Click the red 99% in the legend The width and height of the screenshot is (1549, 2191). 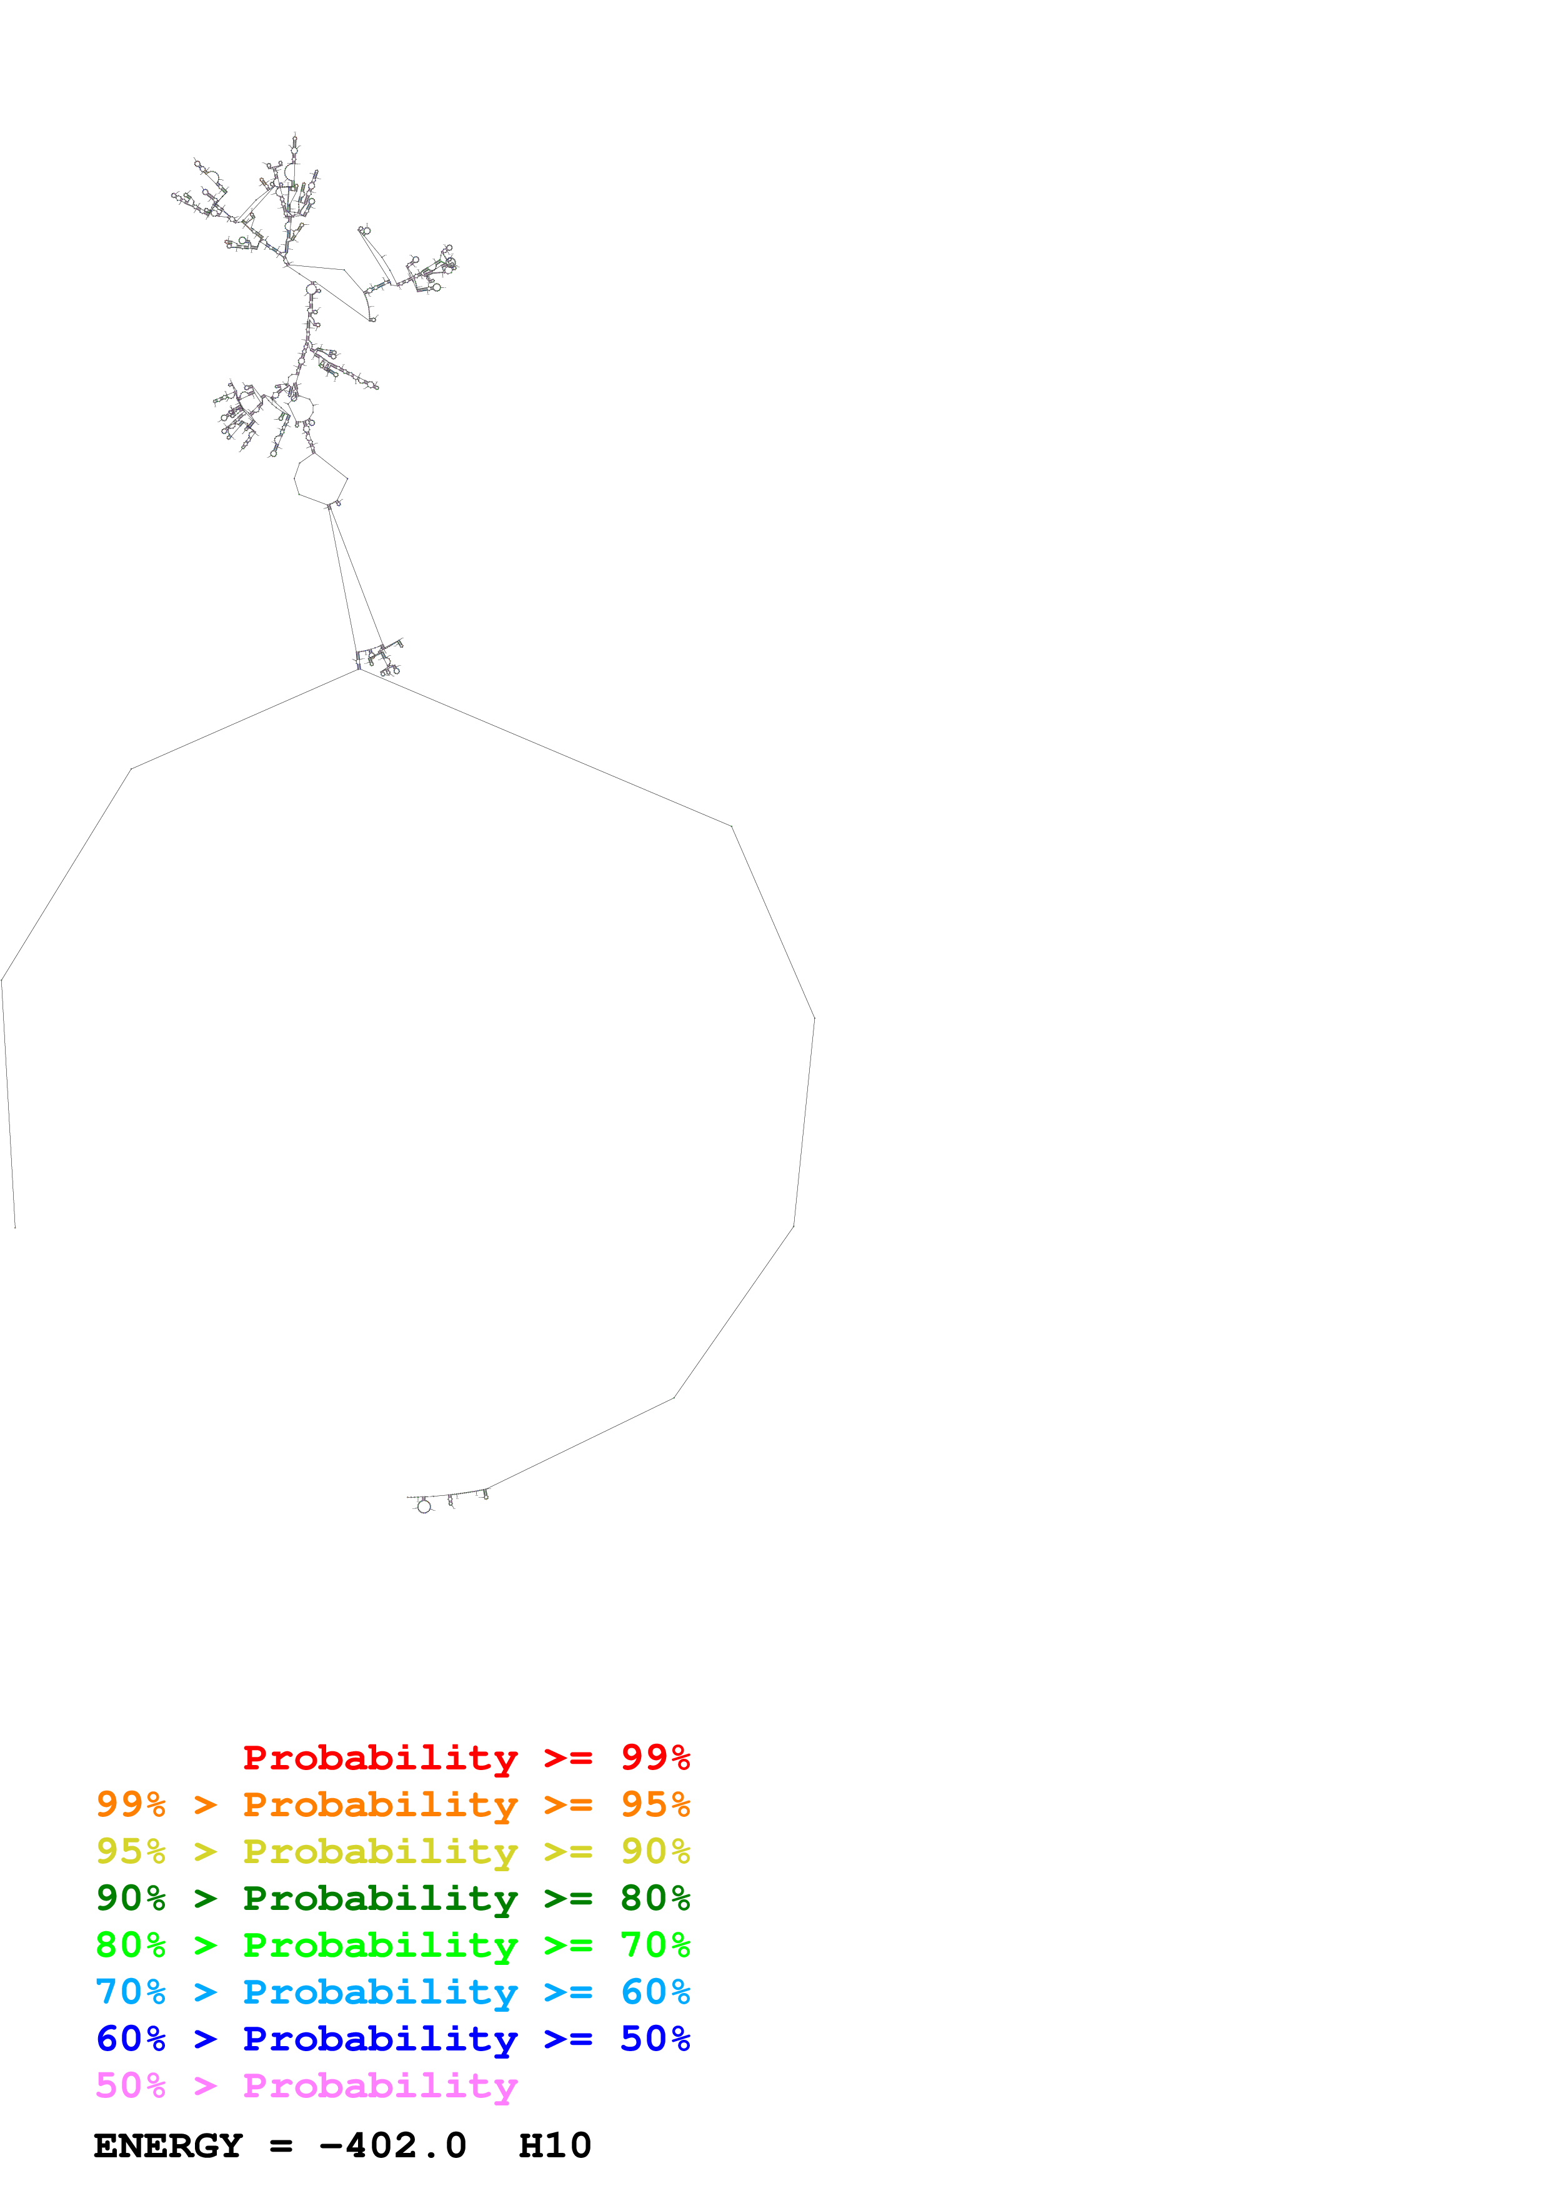[x=655, y=1757]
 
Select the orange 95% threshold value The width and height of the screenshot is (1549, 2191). [x=655, y=1804]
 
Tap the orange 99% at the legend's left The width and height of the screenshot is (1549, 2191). [x=131, y=1804]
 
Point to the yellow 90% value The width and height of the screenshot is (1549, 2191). [x=655, y=1851]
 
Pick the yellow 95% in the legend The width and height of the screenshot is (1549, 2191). [x=131, y=1851]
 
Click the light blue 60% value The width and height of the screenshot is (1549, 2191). [x=655, y=1992]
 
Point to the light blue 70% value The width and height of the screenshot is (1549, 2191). [x=131, y=1992]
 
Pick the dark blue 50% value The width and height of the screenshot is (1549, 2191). [x=655, y=2039]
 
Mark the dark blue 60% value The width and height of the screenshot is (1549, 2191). [x=131, y=2039]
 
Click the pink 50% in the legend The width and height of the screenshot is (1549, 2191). [x=131, y=2085]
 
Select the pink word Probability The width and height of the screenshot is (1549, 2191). [x=380, y=2085]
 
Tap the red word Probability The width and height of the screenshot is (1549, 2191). [x=380, y=1757]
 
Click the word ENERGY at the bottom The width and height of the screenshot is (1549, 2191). [x=168, y=2145]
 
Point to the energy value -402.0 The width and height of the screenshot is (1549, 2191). [x=392, y=2145]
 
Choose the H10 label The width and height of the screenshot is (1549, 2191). [x=554, y=2145]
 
